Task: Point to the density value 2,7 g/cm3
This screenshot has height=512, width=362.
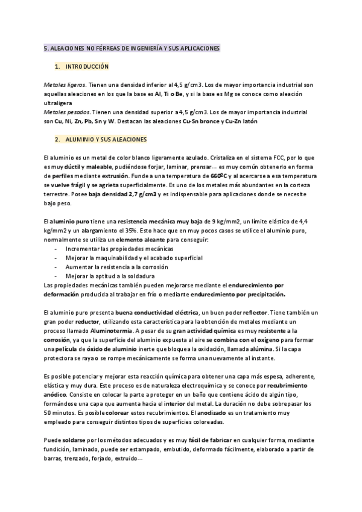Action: coord(141,194)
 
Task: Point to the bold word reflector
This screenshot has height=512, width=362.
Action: coord(254,313)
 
